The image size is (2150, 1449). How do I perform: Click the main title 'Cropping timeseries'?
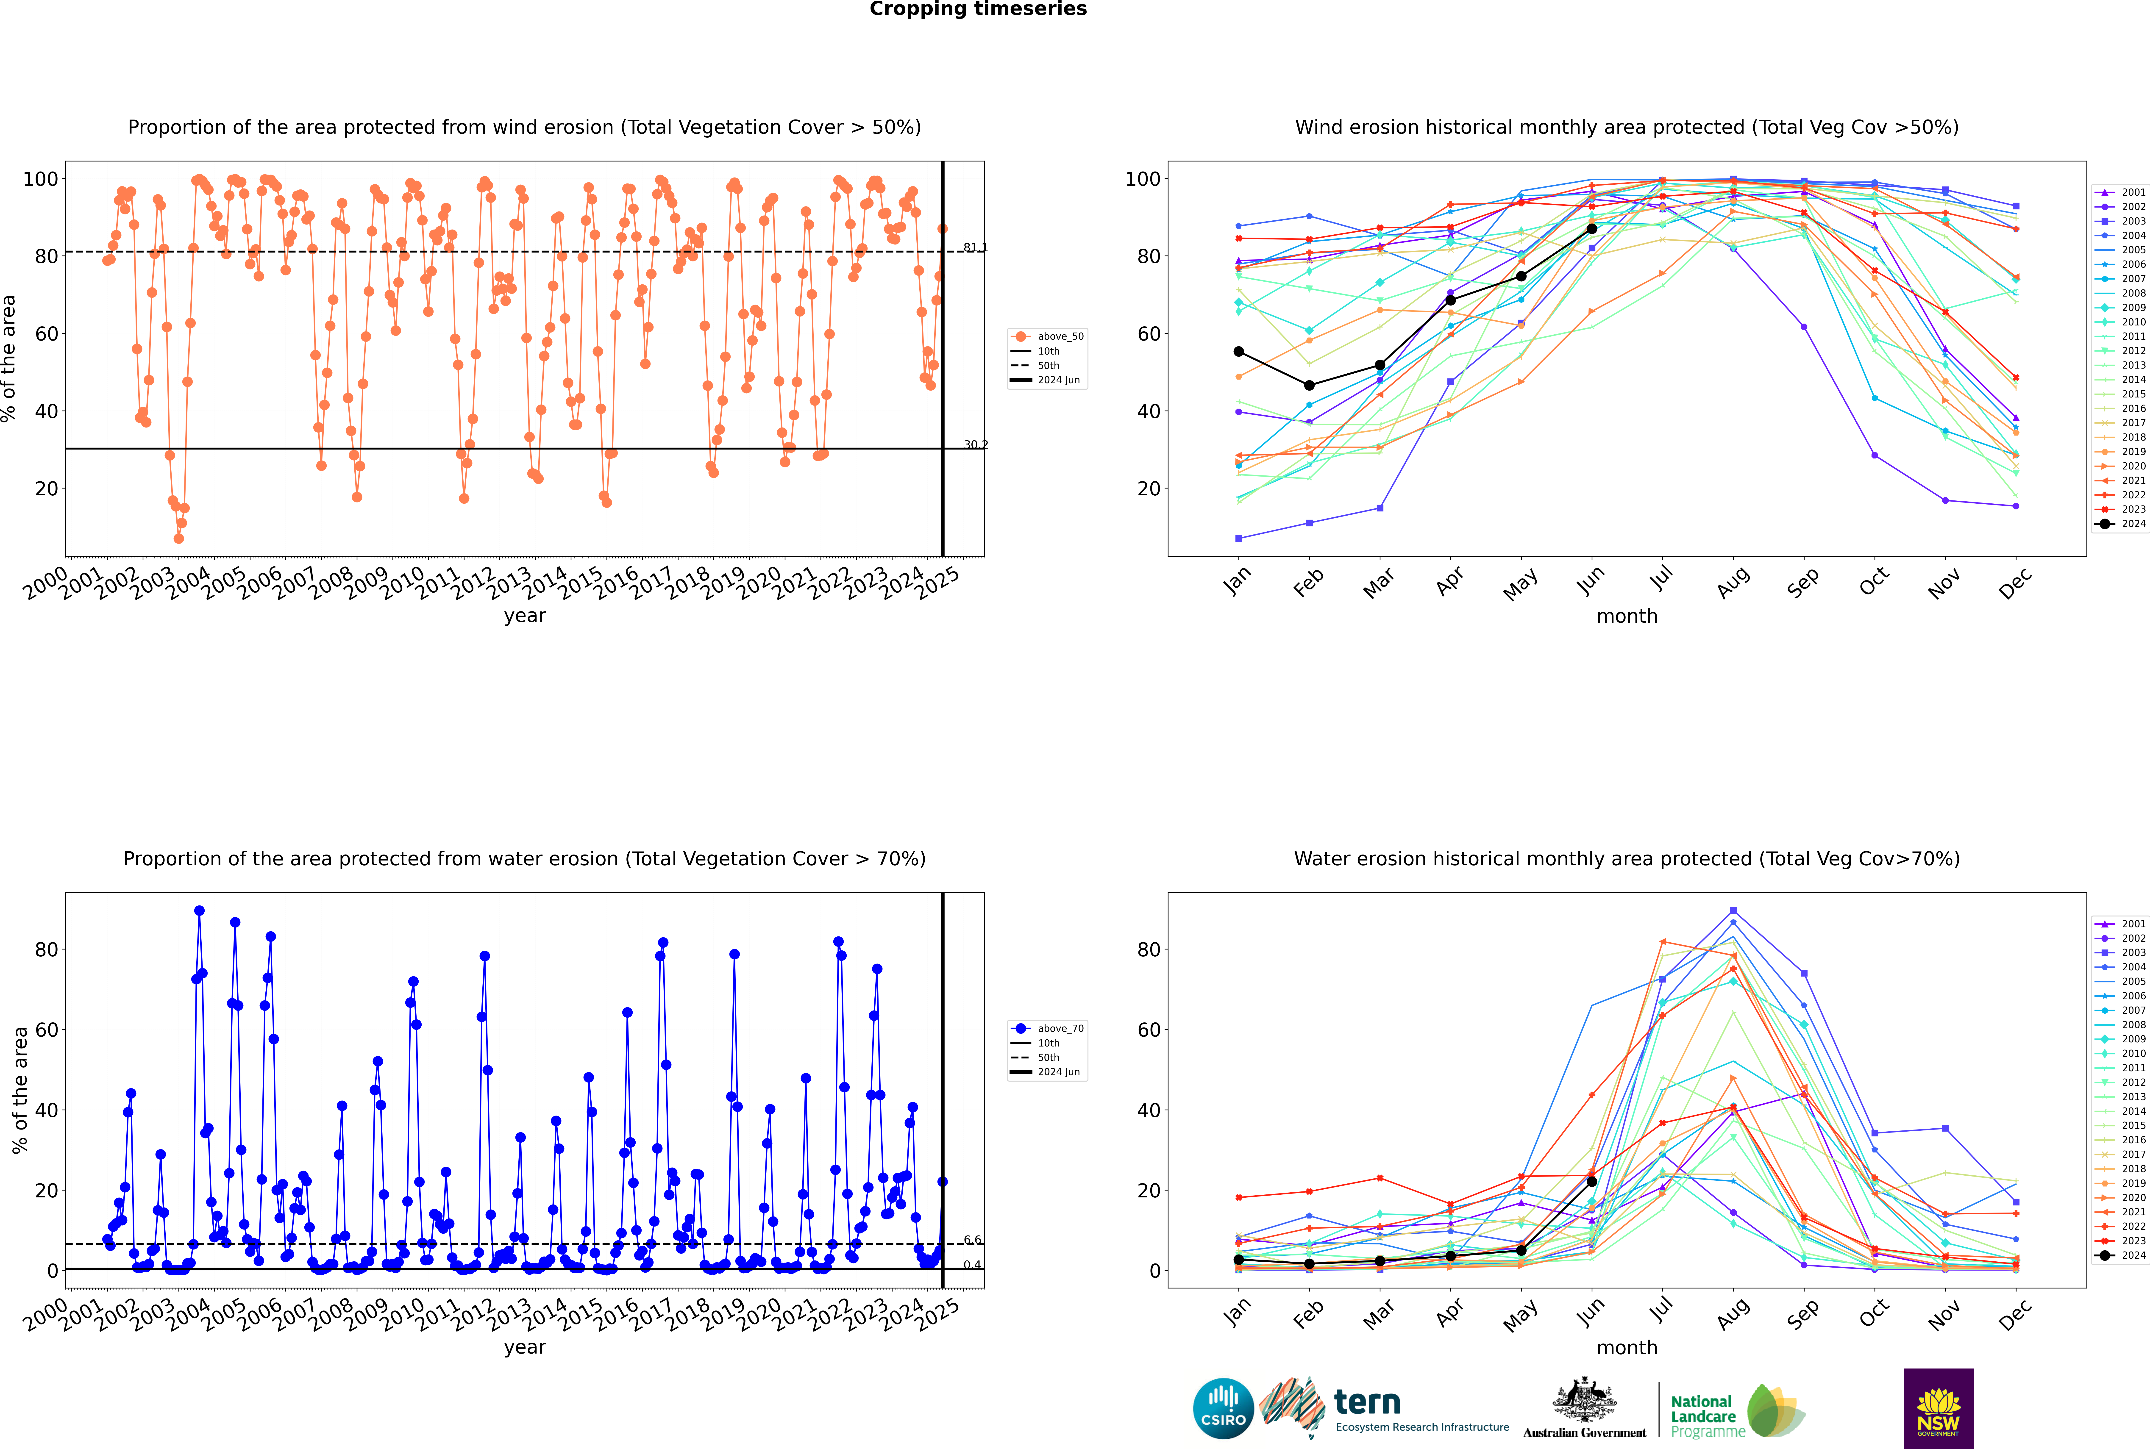(x=978, y=9)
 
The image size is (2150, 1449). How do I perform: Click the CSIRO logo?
(x=1223, y=1409)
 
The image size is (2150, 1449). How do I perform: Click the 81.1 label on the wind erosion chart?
(x=975, y=248)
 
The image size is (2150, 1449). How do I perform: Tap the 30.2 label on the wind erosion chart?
(x=975, y=444)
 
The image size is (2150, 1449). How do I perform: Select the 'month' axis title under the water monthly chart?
(x=1627, y=1347)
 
